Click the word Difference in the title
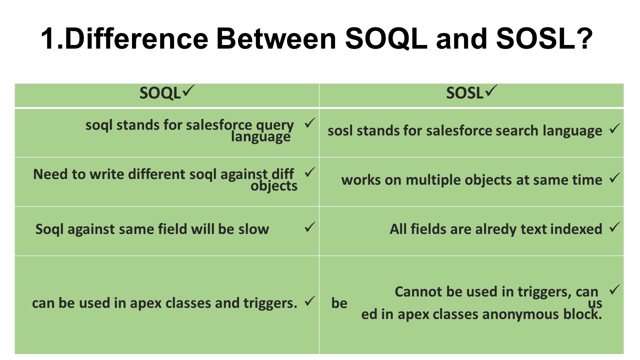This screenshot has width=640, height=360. click(x=136, y=38)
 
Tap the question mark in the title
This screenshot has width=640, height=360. click(x=584, y=38)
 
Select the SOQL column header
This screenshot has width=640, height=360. click(x=160, y=93)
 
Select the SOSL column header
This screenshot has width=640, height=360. click(x=464, y=93)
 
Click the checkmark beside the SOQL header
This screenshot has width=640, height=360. click(x=188, y=90)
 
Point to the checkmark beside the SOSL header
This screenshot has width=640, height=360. click(x=491, y=90)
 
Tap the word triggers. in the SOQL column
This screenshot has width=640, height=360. click(x=270, y=303)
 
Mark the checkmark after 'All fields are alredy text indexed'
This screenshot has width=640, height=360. click(x=614, y=227)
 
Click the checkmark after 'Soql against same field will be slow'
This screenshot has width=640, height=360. click(x=309, y=227)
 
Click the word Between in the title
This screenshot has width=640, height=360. click(x=276, y=38)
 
